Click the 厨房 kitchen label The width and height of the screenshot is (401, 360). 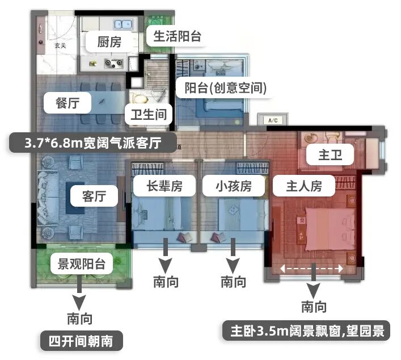pos(109,41)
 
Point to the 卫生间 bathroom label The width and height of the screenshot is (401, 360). pos(149,114)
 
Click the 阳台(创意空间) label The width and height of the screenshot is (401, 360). pos(222,88)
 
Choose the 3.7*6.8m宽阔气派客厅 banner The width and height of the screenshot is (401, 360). pos(93,142)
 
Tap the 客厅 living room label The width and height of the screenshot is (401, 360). pos(94,196)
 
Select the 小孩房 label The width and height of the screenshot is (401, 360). pos(233,185)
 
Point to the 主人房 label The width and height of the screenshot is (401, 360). pos(297,185)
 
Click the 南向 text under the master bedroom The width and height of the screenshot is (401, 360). pos(314,307)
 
